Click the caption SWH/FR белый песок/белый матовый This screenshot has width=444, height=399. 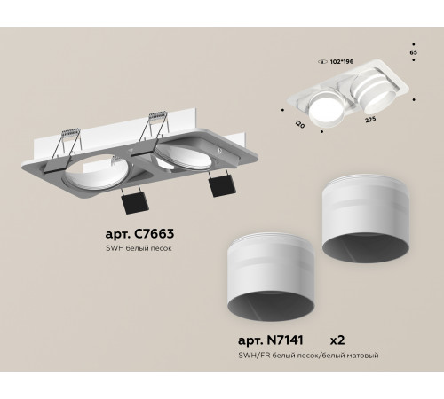tap(309, 356)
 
